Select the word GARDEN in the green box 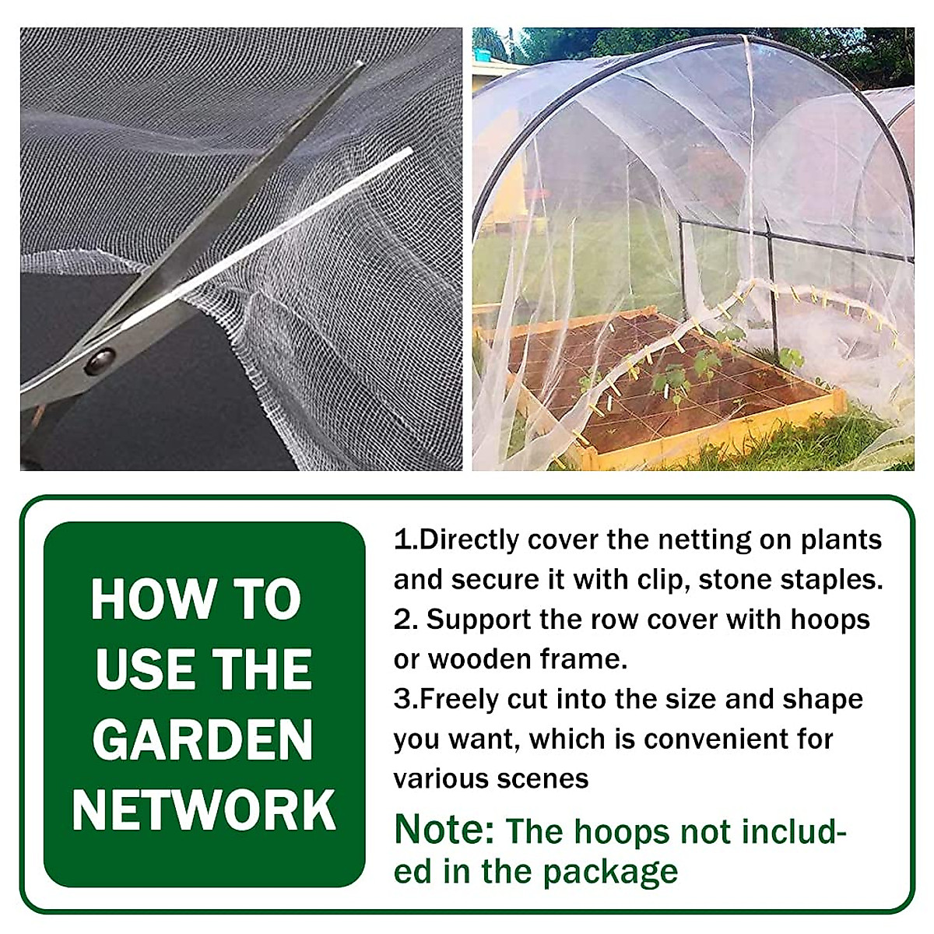point(202,740)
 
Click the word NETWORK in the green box point(204,810)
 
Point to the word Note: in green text point(444,830)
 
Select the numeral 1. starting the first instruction point(406,539)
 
